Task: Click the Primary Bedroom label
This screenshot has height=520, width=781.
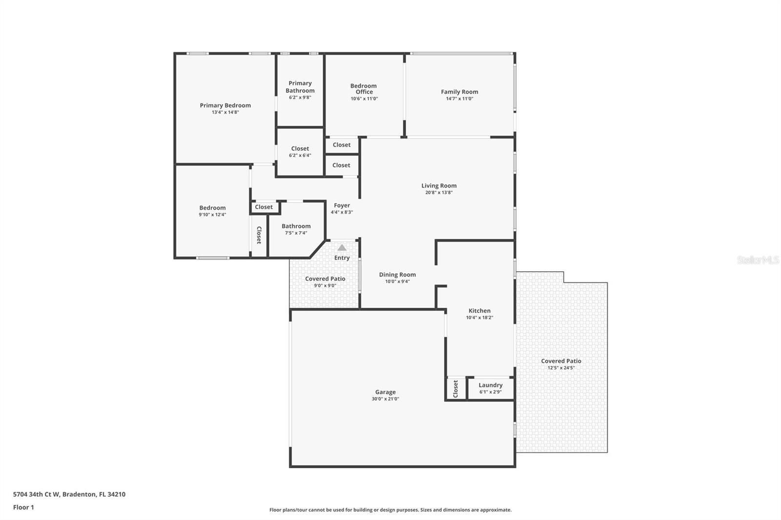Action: click(x=225, y=105)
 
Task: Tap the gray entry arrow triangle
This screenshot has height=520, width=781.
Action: click(x=342, y=248)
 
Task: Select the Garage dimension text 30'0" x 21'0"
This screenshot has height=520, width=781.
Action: click(x=385, y=399)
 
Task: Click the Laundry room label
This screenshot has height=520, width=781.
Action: click(x=490, y=385)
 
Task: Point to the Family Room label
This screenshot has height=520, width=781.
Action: click(x=459, y=92)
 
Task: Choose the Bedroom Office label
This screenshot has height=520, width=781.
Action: click(x=364, y=89)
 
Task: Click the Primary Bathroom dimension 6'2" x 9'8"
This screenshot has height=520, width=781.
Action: click(x=300, y=98)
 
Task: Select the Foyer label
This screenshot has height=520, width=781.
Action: click(x=342, y=205)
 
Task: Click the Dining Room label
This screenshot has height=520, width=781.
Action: click(x=397, y=275)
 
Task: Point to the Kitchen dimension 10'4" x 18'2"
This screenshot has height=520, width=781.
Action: click(x=479, y=318)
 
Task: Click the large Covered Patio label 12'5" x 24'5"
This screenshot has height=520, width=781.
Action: click(x=561, y=361)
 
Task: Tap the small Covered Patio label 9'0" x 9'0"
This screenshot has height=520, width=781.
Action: click(x=325, y=279)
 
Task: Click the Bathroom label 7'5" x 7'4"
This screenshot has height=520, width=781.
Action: click(x=296, y=226)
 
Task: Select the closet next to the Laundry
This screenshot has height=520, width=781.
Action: click(x=455, y=389)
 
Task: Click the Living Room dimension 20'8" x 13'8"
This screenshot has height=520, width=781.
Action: click(x=439, y=193)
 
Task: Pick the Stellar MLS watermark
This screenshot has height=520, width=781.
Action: click(x=758, y=260)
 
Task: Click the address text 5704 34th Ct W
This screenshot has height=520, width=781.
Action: click(x=37, y=494)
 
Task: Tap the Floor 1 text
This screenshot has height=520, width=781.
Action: click(x=23, y=507)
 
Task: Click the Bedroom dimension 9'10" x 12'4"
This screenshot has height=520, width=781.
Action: click(x=212, y=215)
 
